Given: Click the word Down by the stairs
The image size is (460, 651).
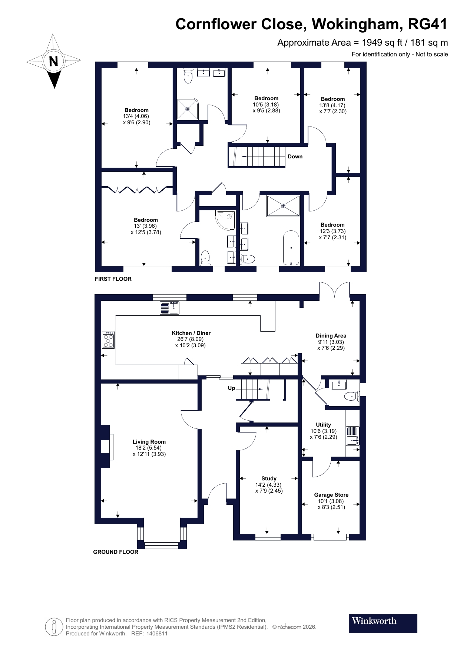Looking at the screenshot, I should pos(295,157).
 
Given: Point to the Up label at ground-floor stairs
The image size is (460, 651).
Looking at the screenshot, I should pos(231,388).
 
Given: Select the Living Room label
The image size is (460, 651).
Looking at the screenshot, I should pos(149,442).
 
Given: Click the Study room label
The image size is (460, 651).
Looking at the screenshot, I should pos(269,479).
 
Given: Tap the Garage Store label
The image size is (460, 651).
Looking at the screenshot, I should pos(331,495).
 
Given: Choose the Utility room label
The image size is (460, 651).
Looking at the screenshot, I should pos(323,425).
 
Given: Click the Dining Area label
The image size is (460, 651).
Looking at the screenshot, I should pos(331,336).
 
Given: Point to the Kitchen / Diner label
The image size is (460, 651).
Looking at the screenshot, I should pos(191,333).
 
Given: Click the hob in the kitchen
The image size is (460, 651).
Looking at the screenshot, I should pos(108,340).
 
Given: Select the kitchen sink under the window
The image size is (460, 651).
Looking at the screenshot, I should pos(170,308).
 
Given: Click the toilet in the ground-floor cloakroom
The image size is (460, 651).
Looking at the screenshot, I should pos(350,397).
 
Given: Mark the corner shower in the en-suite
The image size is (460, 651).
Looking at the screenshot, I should pos(226,220).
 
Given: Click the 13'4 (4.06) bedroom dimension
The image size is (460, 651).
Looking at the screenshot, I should pos(136,116).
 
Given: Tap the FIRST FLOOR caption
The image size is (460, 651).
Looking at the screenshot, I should pos(113,279).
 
